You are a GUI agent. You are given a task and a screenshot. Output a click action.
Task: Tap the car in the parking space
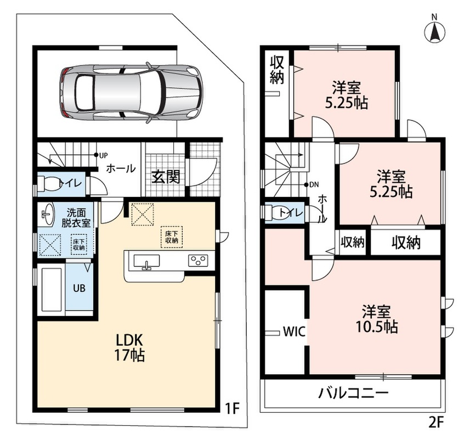tap(130, 92)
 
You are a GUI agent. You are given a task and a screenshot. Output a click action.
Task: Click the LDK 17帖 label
tap(129, 347)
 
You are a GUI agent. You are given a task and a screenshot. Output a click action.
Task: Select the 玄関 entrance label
tap(166, 177)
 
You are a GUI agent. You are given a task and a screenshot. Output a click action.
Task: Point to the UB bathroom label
tap(79, 288)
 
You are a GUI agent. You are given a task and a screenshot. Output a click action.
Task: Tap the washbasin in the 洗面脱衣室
tap(46, 213)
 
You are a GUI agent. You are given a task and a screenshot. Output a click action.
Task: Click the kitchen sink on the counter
tap(146, 262)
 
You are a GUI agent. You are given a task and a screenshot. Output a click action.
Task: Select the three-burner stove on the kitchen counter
tap(198, 261)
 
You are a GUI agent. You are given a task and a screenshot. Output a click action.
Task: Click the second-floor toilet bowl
tap(276, 212)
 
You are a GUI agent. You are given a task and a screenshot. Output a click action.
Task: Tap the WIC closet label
tap(294, 332)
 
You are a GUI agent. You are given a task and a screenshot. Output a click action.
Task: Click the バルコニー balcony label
tap(353, 393)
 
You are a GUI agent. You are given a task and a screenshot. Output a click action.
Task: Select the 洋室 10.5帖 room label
tap(376, 319)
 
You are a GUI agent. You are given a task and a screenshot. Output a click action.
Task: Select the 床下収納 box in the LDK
tap(172, 237)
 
